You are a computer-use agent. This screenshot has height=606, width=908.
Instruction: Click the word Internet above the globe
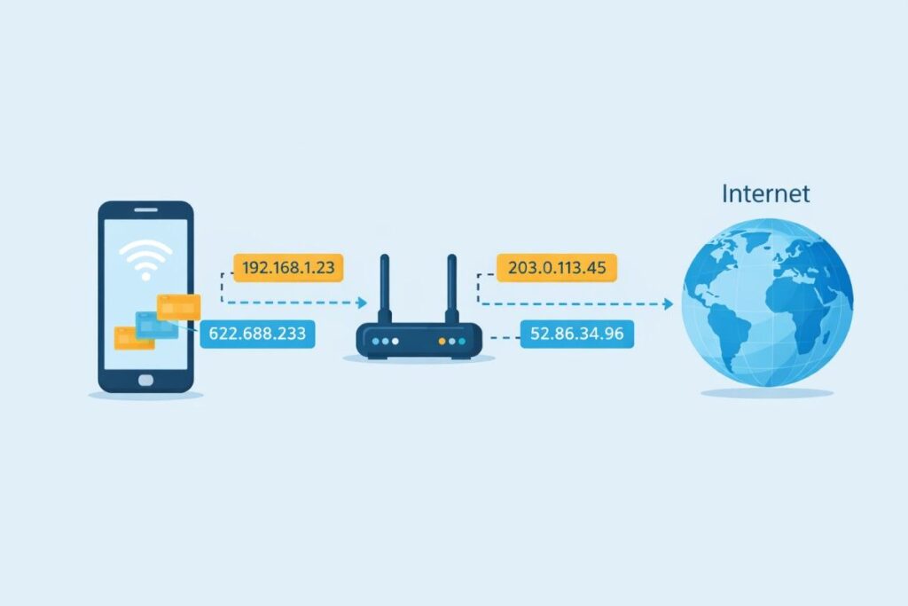(765, 193)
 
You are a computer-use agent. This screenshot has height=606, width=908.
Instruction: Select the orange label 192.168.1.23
(288, 268)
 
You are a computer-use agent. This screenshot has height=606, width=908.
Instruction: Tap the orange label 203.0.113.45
(557, 268)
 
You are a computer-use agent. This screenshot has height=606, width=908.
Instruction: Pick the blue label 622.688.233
(256, 334)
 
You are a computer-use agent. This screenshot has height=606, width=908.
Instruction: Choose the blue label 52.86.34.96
(576, 334)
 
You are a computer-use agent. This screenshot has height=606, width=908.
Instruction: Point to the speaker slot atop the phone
(145, 211)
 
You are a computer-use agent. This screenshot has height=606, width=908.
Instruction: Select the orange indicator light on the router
(442, 341)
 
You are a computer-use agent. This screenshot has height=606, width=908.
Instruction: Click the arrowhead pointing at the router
(362, 303)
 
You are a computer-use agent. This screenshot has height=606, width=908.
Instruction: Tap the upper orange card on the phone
(178, 307)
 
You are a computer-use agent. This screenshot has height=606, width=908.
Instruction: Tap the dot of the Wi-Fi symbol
(145, 274)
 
